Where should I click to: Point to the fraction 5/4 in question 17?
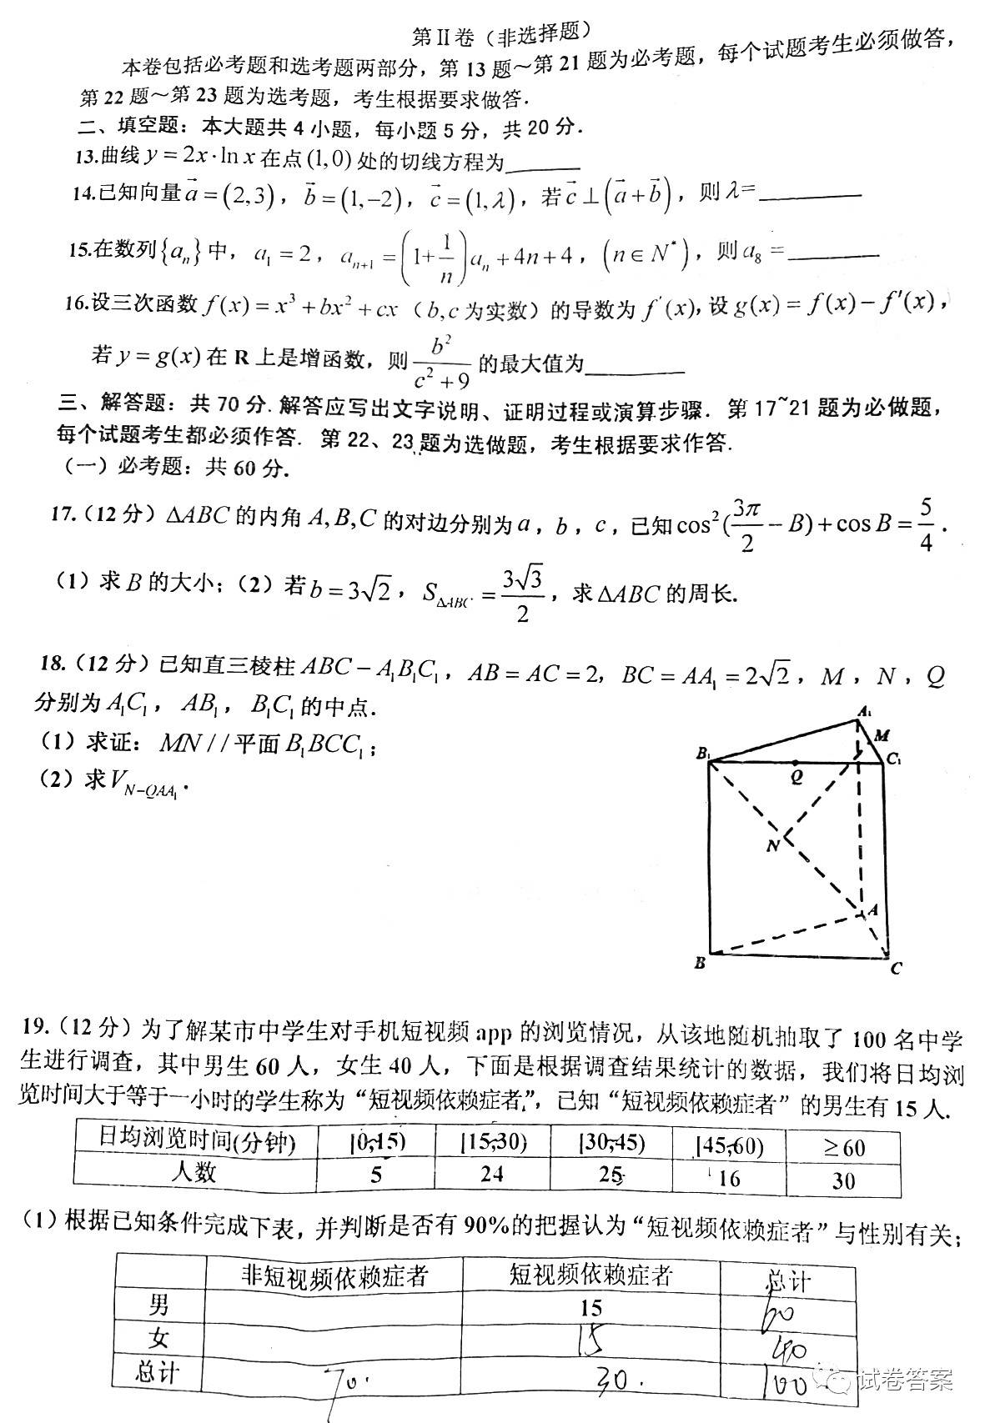coord(925,524)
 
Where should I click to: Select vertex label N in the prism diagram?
coord(772,846)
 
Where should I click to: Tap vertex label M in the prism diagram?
coord(882,735)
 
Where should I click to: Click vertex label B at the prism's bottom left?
coord(700,964)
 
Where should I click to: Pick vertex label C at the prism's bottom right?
coord(896,969)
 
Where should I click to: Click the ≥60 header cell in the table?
coord(843,1147)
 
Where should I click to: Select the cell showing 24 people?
coord(492,1174)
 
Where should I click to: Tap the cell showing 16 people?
coord(728,1178)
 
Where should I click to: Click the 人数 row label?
coord(193,1172)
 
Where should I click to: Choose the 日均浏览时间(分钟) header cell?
coord(197,1140)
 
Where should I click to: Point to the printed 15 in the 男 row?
coord(590,1307)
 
